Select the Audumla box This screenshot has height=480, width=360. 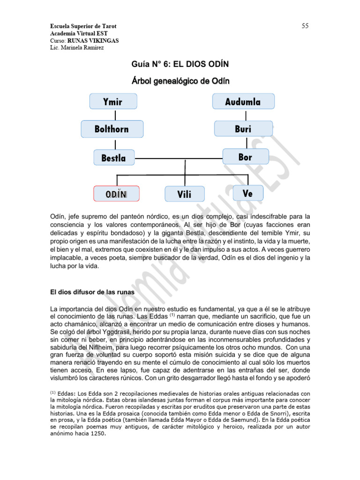coord(243,101)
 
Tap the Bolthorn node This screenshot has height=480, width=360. coord(112,129)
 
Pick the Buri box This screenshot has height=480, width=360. coord(243,129)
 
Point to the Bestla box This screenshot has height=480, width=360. coord(114,158)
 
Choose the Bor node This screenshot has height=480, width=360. coord(245,157)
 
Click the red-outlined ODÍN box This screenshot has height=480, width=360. coord(117,194)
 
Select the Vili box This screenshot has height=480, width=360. coord(185,194)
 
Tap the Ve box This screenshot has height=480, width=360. coord(248,193)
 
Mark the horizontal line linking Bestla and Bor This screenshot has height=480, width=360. coord(178,158)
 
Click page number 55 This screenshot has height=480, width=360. coord(305,26)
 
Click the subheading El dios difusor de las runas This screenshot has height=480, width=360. coord(92,292)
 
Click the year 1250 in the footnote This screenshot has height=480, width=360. coord(97,433)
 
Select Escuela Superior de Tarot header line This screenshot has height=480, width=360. coord(83,26)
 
